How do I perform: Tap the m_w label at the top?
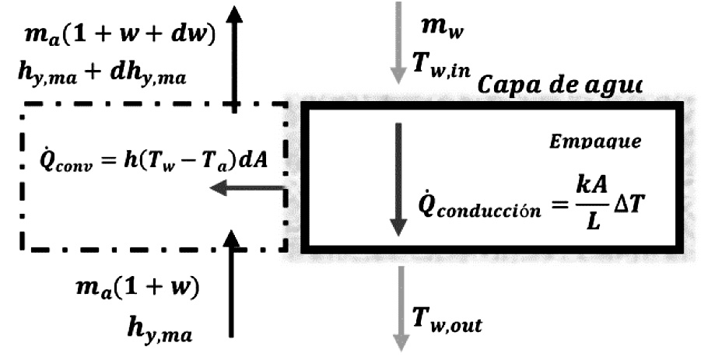pos(438,27)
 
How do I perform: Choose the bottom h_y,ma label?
pos(159,323)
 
